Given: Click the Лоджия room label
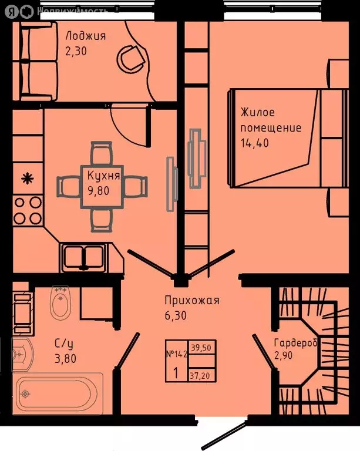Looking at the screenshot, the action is click(x=85, y=36).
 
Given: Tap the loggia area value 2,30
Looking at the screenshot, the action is click(x=76, y=51).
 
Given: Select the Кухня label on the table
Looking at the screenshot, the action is click(x=103, y=176).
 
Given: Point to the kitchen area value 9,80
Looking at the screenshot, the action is click(x=98, y=191).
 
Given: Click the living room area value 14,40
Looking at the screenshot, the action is click(x=254, y=143).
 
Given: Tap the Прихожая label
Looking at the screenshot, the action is click(x=192, y=300).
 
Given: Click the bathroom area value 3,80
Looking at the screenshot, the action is click(x=65, y=359).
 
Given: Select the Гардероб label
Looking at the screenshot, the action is click(x=295, y=343).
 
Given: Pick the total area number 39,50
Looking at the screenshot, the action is click(x=201, y=348).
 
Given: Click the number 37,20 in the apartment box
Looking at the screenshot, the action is click(x=200, y=375).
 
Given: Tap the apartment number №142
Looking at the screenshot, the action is click(x=177, y=354).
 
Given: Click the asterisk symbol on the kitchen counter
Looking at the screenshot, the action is click(x=28, y=179).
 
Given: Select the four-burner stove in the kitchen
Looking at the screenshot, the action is click(x=28, y=211).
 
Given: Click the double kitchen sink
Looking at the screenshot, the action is click(x=83, y=257).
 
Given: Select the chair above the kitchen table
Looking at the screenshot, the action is click(x=101, y=153).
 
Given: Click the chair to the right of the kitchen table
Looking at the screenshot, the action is click(x=136, y=186).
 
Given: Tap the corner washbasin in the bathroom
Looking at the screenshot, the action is click(x=22, y=354).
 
